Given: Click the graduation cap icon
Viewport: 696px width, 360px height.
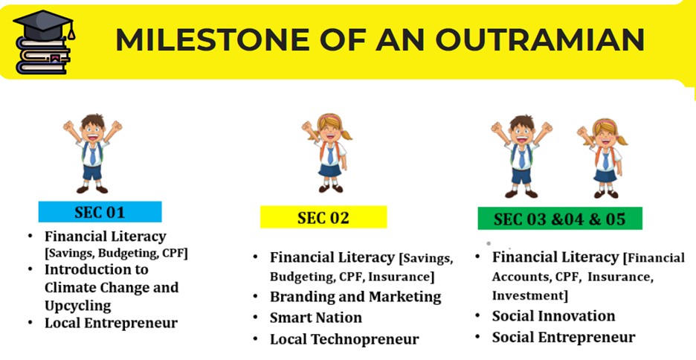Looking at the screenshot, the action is pos(43,25).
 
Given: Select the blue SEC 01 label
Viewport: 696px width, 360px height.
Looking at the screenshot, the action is pos(100,212).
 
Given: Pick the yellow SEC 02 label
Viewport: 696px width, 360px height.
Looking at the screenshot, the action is pos(323,217).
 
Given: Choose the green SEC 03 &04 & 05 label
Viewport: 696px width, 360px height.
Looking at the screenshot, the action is pos(560,219).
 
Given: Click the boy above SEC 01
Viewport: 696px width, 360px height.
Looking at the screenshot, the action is pos(92,153).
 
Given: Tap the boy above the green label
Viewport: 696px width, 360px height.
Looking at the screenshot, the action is pos(521,156).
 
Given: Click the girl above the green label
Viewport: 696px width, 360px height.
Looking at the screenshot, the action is pos(603,158).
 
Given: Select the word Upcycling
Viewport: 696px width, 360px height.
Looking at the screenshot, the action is pos(77,306).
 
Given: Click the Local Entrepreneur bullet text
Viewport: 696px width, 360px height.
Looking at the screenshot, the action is pos(111,323).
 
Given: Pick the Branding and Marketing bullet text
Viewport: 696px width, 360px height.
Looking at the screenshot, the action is pos(355,297).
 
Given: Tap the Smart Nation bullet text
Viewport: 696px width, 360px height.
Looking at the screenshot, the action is pos(315,318).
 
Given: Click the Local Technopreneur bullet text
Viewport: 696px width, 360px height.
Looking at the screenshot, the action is pos(344,339).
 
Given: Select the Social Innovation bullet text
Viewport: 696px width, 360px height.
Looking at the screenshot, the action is pos(553,315).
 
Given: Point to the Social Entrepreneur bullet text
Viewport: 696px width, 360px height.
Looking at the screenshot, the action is pos(564,337).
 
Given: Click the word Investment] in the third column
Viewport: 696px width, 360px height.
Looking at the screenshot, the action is pos(530,295).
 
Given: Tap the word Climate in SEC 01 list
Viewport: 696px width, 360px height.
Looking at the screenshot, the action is pos(71,287).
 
